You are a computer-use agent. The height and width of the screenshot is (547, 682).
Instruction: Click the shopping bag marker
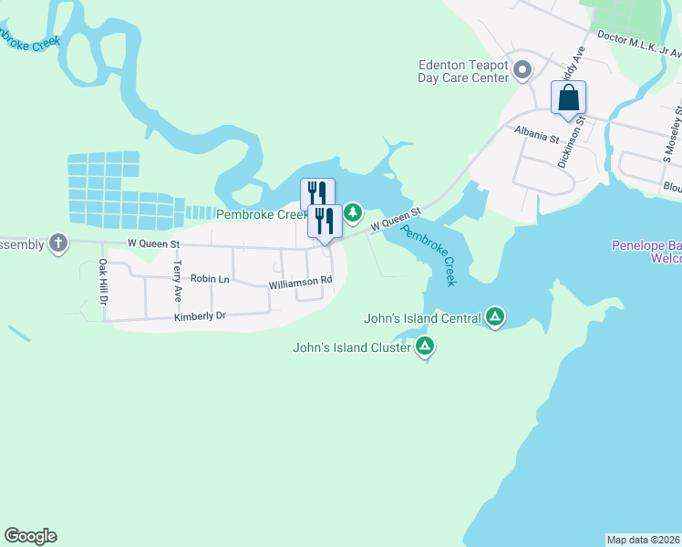click(x=568, y=98)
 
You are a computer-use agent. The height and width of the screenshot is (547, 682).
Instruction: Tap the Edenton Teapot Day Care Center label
click(x=462, y=72)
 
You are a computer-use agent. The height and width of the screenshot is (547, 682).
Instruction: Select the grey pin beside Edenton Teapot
click(x=522, y=70)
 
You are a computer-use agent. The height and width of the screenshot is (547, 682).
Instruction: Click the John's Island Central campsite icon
click(x=495, y=317)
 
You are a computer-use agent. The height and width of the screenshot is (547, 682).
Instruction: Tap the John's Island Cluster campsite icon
click(x=425, y=346)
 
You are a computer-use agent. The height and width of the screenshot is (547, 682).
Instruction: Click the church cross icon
click(x=58, y=243)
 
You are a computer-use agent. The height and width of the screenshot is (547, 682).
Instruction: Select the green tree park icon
click(x=353, y=213)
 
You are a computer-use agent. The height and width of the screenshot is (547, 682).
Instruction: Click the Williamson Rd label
click(x=300, y=284)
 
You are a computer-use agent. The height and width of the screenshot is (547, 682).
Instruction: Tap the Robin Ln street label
click(x=210, y=279)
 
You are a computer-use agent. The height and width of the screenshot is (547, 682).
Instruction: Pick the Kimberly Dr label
click(x=199, y=316)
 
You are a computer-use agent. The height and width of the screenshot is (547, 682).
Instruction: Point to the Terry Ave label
click(x=177, y=282)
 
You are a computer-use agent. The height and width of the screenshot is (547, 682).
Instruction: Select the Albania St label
click(x=536, y=134)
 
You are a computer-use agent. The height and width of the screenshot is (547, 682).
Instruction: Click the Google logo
click(x=30, y=536)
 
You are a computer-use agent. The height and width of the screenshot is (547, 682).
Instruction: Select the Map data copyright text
click(x=643, y=540)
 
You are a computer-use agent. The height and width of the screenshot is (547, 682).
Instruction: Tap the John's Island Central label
click(x=421, y=319)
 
